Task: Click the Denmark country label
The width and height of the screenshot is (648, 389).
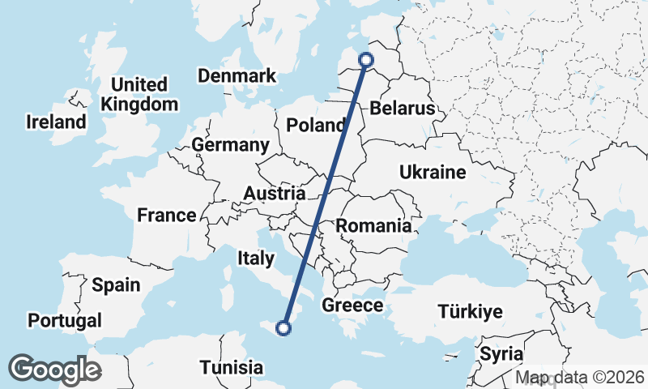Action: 237,76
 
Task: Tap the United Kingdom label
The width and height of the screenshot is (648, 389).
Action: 139,94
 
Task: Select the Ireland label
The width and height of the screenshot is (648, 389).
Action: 56,122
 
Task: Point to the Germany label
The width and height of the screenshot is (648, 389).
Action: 230,145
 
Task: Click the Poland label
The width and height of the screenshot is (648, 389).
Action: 316,126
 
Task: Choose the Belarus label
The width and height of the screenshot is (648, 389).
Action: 403,109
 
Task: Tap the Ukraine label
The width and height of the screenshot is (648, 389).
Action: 433,172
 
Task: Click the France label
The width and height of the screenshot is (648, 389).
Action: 167,216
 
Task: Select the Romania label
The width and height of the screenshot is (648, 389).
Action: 374,226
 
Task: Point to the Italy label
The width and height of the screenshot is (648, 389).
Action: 256,259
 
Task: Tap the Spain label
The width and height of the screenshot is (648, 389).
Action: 116,285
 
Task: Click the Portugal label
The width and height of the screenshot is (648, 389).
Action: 65,320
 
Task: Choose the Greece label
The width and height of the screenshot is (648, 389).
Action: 352,306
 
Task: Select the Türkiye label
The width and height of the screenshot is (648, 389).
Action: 470,311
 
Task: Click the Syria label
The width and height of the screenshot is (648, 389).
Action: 501,354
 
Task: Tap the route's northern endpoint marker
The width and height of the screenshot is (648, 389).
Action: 365,59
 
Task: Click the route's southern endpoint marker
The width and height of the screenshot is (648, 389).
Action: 283,328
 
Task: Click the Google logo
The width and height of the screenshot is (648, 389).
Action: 54,369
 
